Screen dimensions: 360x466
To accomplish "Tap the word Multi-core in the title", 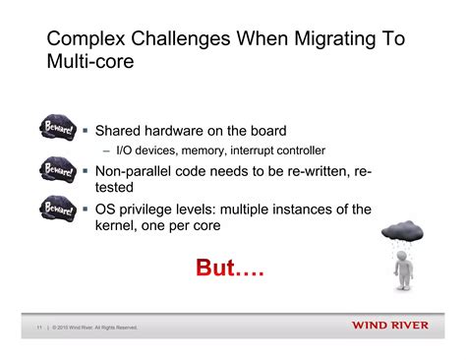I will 90,63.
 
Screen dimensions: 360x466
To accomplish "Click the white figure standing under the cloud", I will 403,269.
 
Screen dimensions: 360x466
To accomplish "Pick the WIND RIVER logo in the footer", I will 389,327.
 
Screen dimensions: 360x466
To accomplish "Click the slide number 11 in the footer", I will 38,328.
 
